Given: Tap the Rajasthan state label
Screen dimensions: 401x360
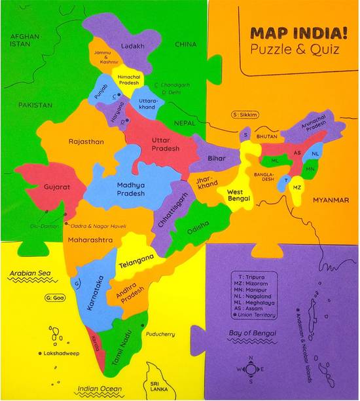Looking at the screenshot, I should [86, 141].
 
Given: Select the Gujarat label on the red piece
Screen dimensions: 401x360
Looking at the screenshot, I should [57, 186].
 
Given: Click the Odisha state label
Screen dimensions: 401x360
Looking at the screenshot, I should [198, 229].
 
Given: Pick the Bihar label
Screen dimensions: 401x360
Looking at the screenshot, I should [216, 159].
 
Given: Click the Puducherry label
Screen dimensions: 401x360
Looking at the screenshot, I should [161, 334].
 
